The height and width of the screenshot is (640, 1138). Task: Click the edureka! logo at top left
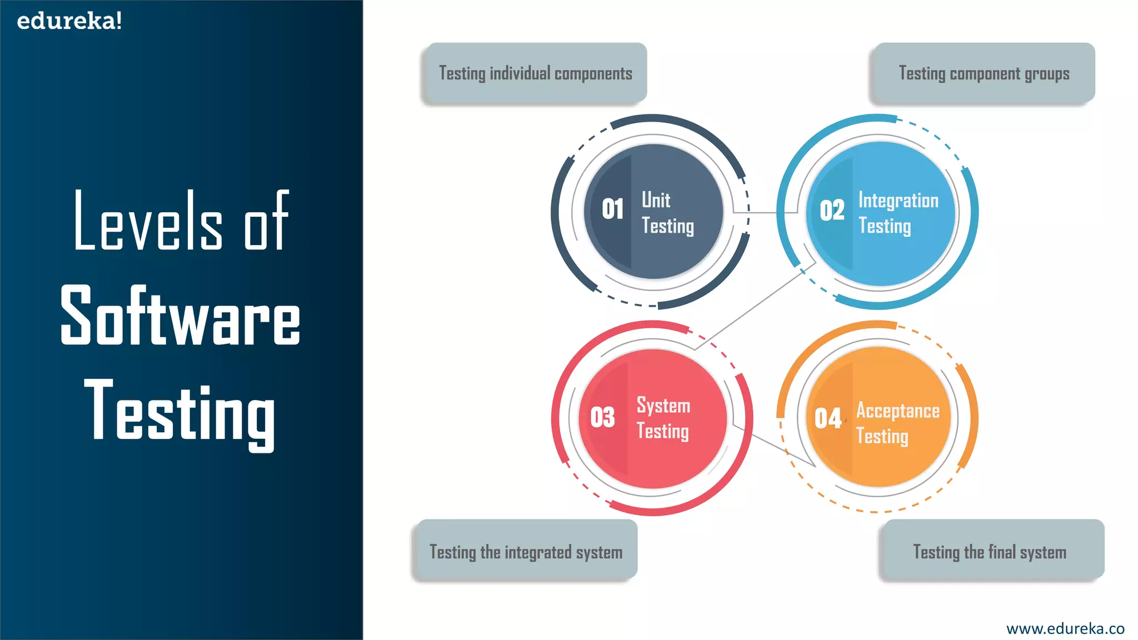[x=69, y=21]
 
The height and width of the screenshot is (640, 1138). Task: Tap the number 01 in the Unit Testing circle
[x=612, y=209]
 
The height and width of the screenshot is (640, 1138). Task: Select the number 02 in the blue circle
[x=832, y=211]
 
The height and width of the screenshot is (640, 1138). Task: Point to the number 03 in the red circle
[x=602, y=417]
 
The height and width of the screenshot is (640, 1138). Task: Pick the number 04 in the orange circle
[x=827, y=418]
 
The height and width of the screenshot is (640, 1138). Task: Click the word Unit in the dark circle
[x=656, y=200]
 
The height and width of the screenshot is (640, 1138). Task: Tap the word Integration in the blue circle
[x=898, y=201]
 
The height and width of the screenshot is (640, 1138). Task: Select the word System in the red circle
[x=663, y=406]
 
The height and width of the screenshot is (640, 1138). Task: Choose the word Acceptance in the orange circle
[x=898, y=411]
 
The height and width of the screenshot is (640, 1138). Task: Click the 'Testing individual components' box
[x=535, y=73]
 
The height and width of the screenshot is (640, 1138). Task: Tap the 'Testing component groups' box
[x=984, y=73]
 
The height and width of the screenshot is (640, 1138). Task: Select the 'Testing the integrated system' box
[x=526, y=552]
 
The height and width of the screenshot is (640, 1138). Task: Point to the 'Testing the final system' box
[x=990, y=552]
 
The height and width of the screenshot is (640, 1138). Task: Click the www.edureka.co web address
[x=1065, y=628]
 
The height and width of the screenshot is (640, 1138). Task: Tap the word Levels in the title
[x=148, y=221]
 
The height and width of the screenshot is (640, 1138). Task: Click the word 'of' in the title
[x=267, y=221]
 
